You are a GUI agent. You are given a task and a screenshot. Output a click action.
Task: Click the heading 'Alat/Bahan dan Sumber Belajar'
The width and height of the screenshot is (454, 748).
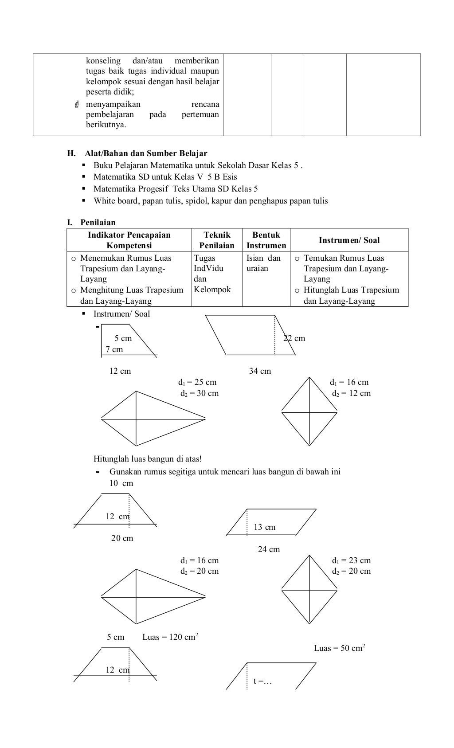click(x=145, y=153)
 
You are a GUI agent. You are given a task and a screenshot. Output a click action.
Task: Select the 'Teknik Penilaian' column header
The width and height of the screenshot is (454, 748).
click(x=217, y=240)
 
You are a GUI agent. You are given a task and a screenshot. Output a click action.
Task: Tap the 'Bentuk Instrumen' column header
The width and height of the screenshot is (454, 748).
click(x=266, y=240)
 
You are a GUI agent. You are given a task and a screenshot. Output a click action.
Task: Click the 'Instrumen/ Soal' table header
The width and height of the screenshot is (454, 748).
click(x=349, y=240)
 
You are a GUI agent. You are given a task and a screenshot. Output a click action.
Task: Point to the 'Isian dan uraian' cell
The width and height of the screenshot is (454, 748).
click(x=263, y=263)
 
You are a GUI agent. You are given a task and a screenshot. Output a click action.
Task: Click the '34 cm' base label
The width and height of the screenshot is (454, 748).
click(x=260, y=371)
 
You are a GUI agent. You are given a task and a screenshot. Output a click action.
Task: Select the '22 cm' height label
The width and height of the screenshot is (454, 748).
click(x=294, y=338)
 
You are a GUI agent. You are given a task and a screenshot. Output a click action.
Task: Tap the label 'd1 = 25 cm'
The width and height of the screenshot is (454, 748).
click(x=197, y=382)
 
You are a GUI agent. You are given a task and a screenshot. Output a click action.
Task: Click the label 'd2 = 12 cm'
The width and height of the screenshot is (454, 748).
click(x=351, y=393)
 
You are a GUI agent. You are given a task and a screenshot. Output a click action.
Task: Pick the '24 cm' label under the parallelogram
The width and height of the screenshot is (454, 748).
click(x=269, y=549)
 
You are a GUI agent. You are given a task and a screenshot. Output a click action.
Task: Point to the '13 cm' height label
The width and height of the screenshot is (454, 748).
click(x=264, y=527)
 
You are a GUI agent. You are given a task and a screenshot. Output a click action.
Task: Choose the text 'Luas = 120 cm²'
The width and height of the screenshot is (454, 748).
click(x=170, y=637)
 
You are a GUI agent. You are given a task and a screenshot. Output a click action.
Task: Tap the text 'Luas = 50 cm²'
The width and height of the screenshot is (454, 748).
click(x=340, y=648)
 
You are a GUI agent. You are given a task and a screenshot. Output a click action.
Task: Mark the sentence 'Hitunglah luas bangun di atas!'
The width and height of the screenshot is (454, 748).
click(x=148, y=458)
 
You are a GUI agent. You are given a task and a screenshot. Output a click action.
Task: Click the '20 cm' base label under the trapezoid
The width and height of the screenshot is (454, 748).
click(x=122, y=538)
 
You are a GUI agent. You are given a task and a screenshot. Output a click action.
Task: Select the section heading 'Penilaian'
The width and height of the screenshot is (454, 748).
click(x=98, y=222)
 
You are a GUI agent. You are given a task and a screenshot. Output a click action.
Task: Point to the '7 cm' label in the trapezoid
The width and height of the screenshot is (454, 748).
click(x=114, y=349)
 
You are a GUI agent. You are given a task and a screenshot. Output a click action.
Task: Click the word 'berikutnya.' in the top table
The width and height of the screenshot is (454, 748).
click(x=106, y=125)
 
